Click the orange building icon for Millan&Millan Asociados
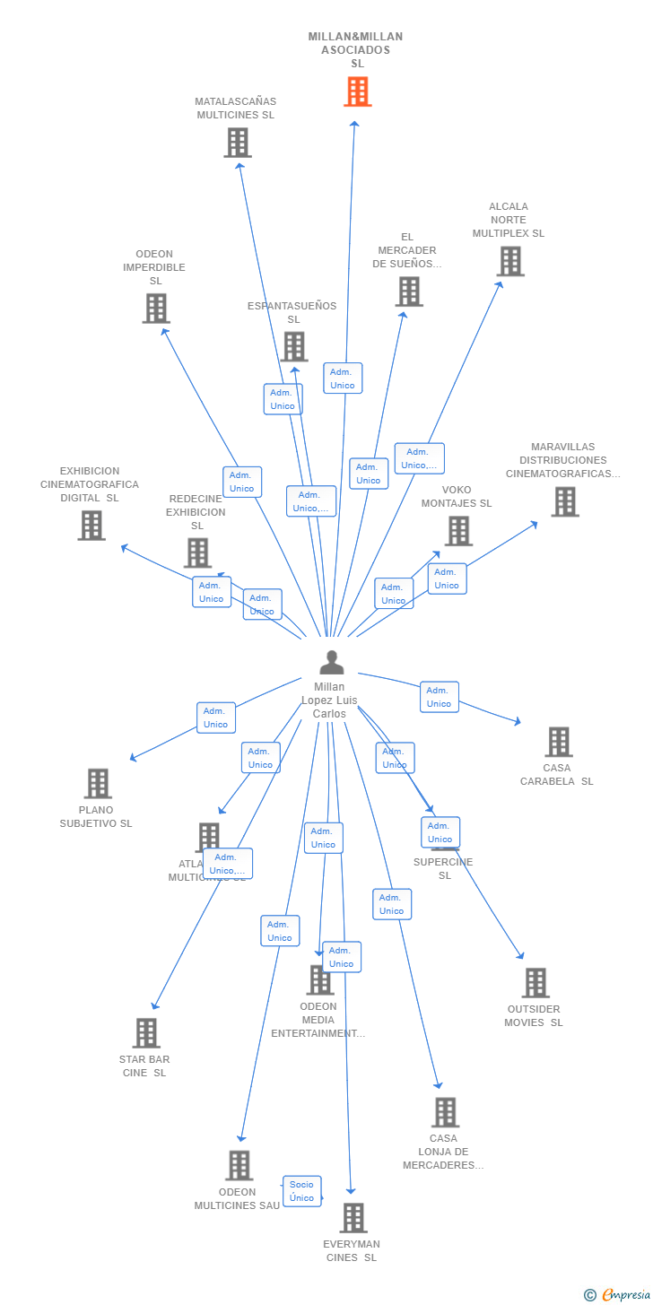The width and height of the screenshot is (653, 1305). click(x=357, y=91)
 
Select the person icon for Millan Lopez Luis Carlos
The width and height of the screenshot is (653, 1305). click(x=331, y=663)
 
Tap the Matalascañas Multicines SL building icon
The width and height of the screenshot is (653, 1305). click(x=238, y=143)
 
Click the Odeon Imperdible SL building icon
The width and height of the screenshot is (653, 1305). click(x=156, y=309)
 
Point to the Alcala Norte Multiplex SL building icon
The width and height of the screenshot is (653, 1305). click(x=509, y=261)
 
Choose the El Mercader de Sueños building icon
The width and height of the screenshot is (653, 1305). click(x=408, y=291)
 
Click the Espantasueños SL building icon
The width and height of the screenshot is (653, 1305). click(x=293, y=346)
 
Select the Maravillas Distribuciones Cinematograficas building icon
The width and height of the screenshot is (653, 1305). click(x=564, y=502)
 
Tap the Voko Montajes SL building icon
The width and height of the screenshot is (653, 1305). click(x=458, y=531)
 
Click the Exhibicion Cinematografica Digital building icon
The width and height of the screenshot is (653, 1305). click(x=91, y=526)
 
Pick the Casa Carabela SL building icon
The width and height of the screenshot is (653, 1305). click(x=558, y=742)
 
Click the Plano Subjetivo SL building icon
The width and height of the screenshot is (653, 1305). click(x=98, y=783)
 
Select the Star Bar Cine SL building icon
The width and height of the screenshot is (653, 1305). click(x=146, y=1033)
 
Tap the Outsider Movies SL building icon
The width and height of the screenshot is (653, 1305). click(x=535, y=983)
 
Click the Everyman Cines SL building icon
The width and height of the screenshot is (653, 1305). click(x=354, y=1218)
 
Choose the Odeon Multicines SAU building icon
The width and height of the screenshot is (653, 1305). click(x=239, y=1165)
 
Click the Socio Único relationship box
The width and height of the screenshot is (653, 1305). click(x=301, y=1191)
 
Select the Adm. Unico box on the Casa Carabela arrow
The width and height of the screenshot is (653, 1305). click(x=439, y=697)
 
